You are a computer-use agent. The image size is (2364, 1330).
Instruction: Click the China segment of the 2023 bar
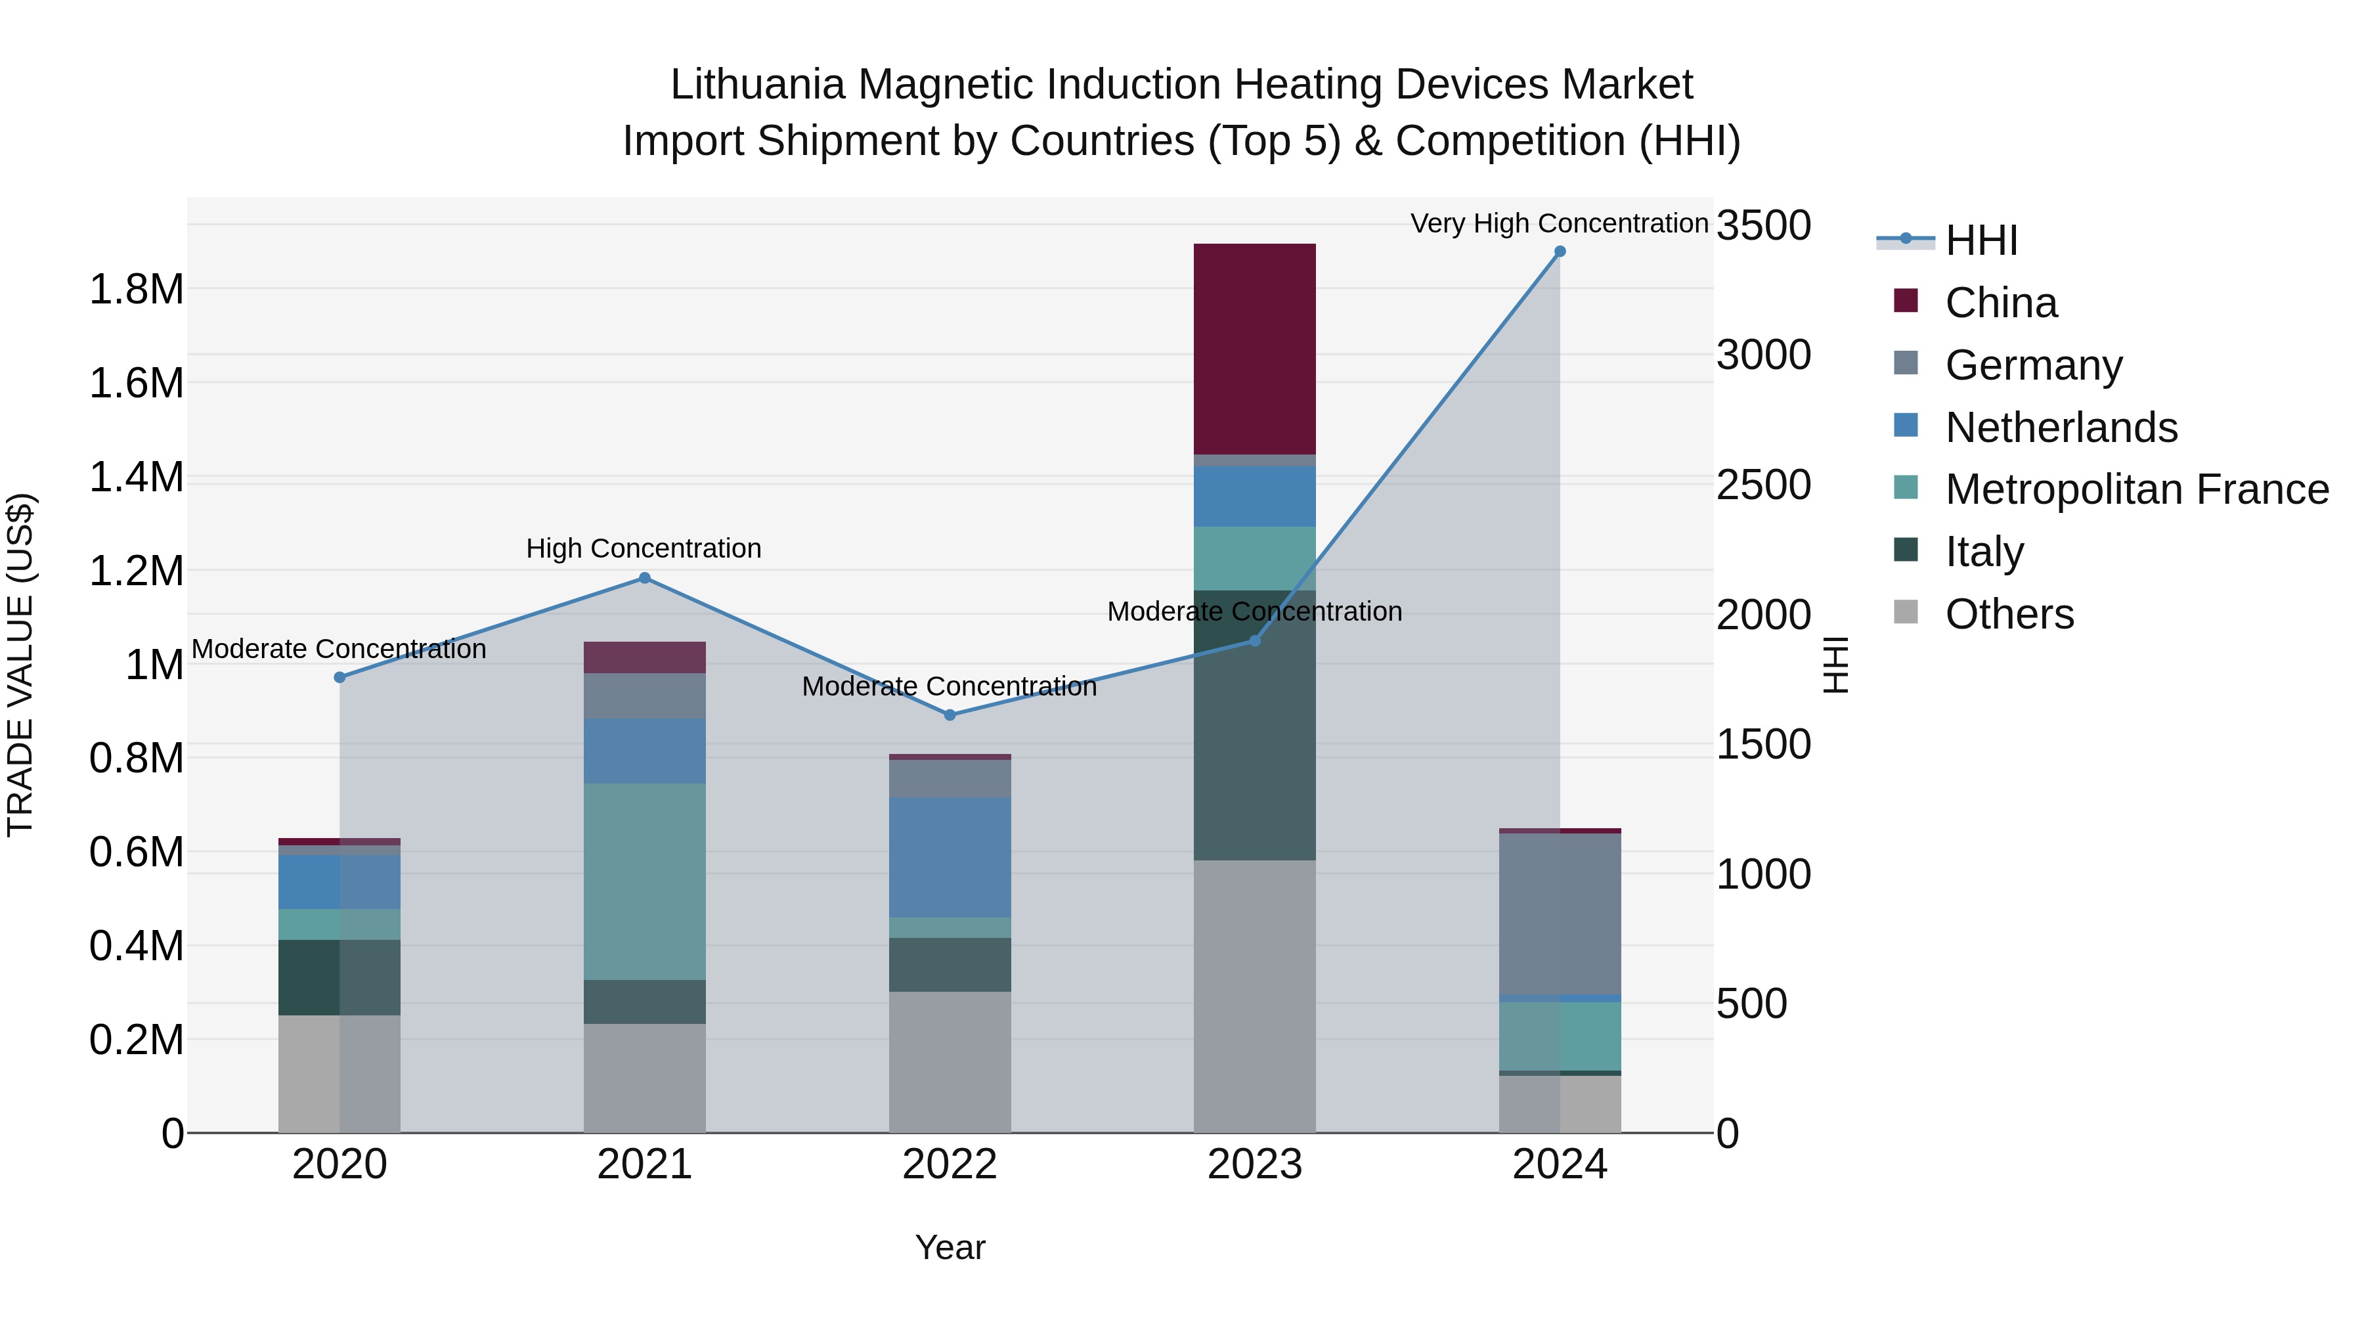[x=1254, y=349]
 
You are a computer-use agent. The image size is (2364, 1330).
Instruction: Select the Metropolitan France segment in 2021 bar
[x=644, y=881]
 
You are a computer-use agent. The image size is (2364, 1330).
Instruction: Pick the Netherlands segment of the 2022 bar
[x=949, y=856]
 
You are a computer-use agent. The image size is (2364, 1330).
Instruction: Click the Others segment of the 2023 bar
[x=1254, y=996]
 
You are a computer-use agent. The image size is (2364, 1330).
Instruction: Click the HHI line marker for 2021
[x=644, y=578]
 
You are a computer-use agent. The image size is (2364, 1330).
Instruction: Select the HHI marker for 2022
[x=950, y=715]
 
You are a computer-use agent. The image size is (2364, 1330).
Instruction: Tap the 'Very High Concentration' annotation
[x=1558, y=223]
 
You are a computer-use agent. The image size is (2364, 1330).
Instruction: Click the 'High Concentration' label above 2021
[x=644, y=549]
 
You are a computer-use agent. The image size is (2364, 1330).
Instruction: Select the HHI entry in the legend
[x=1981, y=240]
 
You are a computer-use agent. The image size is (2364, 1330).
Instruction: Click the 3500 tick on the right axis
[x=1763, y=226]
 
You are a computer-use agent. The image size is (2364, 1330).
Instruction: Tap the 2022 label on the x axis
[x=949, y=1164]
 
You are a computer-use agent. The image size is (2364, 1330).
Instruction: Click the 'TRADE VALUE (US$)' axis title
[x=20, y=665]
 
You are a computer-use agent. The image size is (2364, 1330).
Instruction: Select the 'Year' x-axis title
[x=950, y=1247]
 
